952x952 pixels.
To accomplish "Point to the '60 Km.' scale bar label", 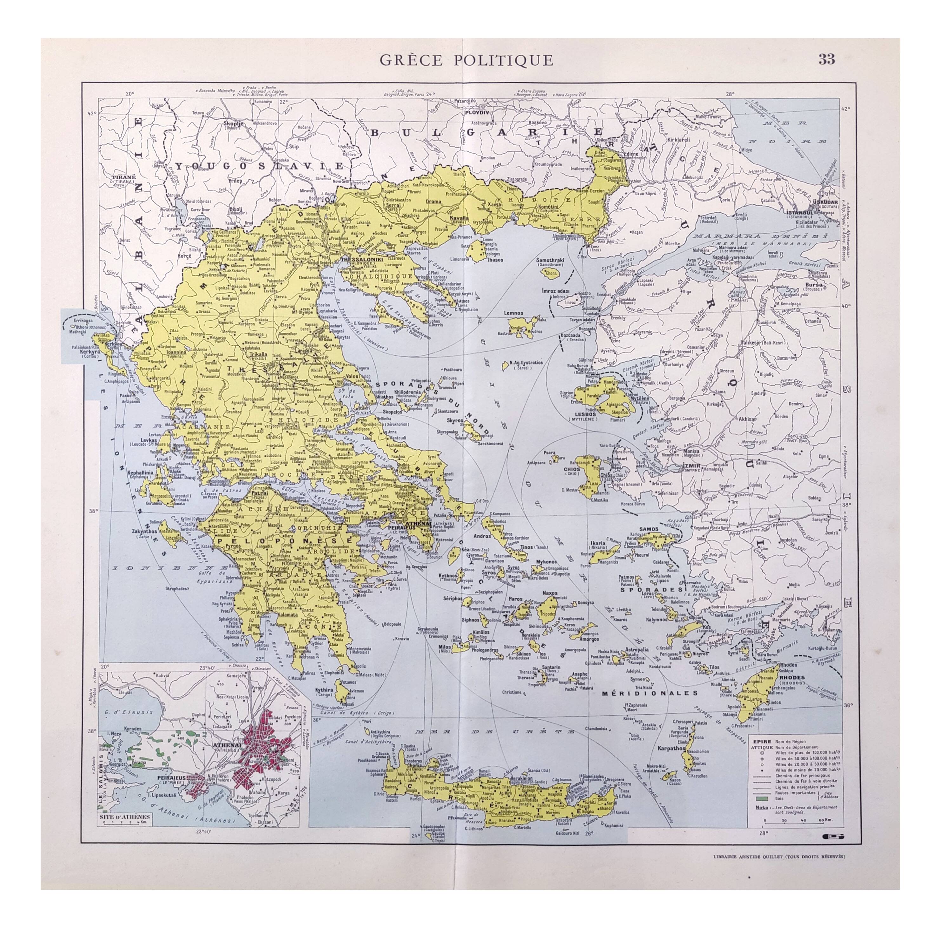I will [825, 819].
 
